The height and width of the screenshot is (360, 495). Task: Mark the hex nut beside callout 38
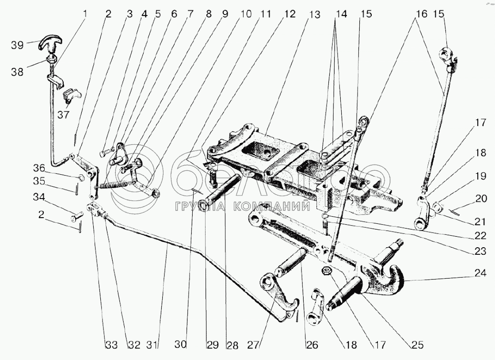click(52, 59)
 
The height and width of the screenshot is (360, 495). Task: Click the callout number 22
click(479, 235)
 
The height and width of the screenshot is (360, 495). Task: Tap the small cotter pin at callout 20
click(454, 211)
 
